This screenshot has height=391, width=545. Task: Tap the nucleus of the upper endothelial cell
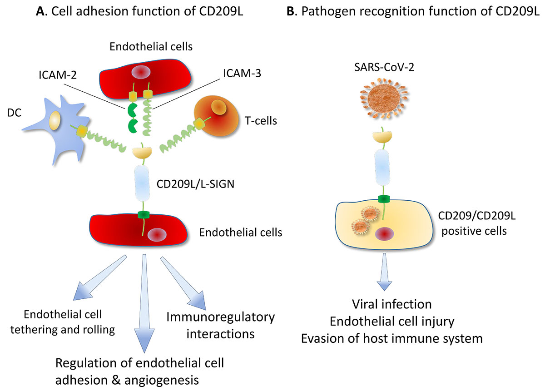(139, 72)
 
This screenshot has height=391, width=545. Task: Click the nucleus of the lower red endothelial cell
(155, 234)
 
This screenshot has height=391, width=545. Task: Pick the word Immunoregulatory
(220, 317)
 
